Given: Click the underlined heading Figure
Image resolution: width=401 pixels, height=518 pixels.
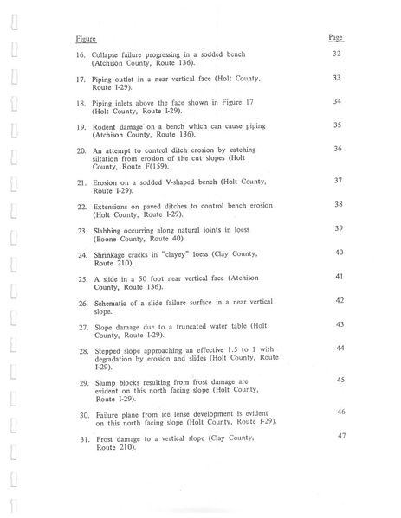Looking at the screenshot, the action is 84,39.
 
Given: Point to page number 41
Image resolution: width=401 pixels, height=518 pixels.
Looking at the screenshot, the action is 340,276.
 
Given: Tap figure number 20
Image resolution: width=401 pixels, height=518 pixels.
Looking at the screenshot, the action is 81,150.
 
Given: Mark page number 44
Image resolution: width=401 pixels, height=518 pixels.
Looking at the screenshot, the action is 340,347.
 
